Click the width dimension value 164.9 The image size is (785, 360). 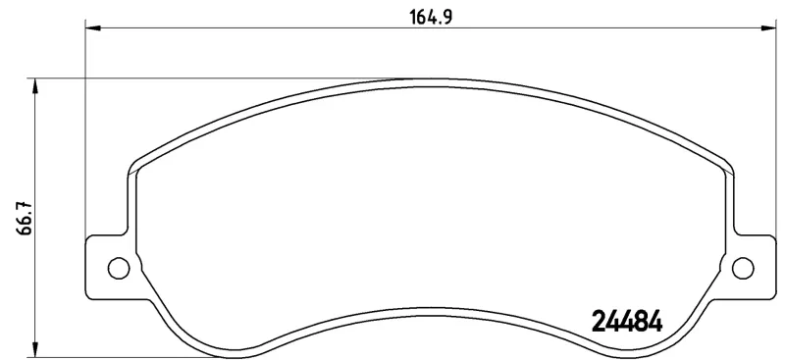431,17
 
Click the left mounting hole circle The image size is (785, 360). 119,268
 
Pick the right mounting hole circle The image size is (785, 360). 743,268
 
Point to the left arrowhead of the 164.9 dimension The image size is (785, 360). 93,28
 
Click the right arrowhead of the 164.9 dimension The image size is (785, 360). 768,28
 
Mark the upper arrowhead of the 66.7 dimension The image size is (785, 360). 34,86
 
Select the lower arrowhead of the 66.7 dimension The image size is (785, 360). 34,349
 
